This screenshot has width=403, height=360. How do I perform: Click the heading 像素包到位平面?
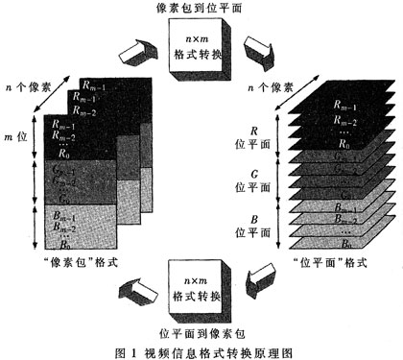(x=203, y=9)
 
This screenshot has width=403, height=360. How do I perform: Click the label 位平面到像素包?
(x=203, y=330)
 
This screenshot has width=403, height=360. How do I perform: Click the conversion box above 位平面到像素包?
(x=203, y=287)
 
